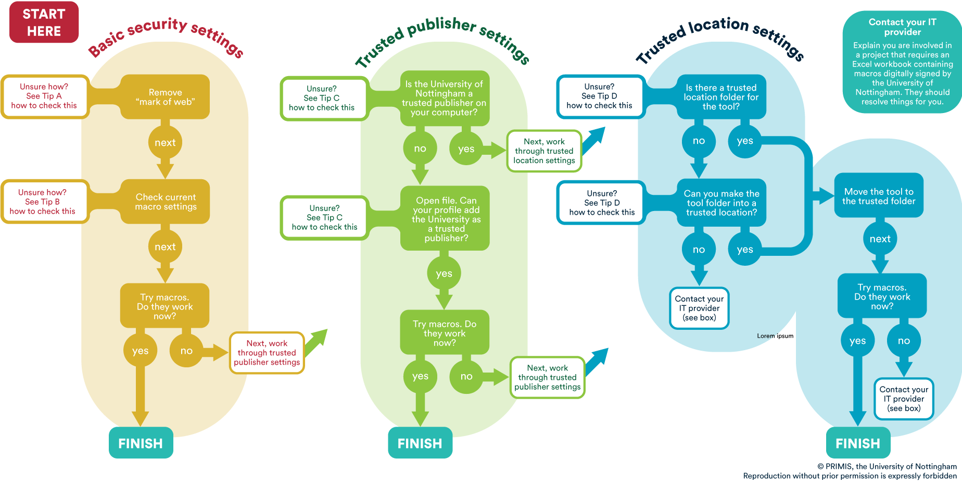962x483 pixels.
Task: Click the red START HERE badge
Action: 44,22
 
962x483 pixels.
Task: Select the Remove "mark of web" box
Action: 165,97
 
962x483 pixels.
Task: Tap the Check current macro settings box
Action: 166,202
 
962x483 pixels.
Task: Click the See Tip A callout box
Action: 44,96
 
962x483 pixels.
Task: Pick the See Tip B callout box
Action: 43,202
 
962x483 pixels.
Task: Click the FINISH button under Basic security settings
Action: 141,443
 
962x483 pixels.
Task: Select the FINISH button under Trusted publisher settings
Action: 420,443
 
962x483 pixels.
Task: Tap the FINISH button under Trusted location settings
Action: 858,443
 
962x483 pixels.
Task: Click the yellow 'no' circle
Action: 186,351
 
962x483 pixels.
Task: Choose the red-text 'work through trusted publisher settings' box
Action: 267,353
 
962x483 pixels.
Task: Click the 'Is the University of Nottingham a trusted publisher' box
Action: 445,98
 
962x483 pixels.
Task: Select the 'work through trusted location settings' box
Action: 544,151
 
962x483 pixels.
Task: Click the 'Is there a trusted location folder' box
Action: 721,97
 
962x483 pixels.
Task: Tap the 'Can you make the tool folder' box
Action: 721,203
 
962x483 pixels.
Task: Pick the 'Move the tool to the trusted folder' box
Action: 879,196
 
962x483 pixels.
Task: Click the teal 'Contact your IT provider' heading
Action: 902,27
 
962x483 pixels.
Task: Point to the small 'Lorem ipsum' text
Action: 775,336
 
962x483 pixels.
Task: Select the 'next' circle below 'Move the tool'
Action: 880,239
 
